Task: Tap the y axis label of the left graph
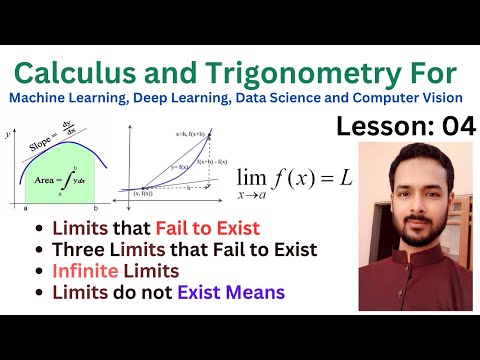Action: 8,131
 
